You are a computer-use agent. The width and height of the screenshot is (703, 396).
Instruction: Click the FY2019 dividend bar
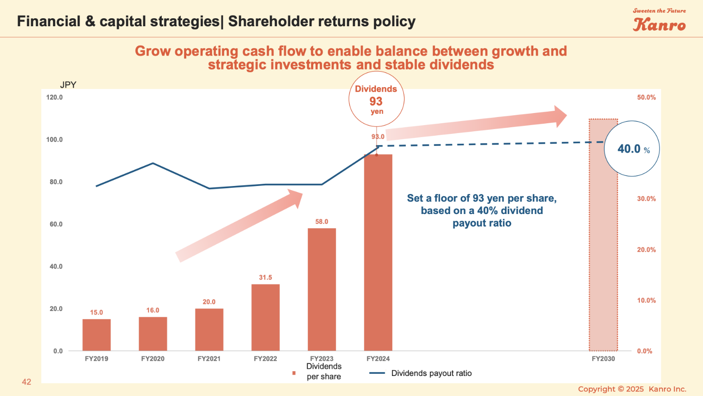tap(96, 335)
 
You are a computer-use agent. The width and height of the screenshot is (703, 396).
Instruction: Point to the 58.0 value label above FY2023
tap(322, 222)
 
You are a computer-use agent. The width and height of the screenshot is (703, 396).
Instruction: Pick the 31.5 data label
tap(265, 277)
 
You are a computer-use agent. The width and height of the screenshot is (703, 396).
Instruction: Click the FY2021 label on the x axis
tap(209, 359)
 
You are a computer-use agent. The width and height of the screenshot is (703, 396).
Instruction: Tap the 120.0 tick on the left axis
tap(54, 97)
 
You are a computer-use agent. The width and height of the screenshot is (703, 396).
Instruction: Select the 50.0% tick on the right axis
tap(646, 97)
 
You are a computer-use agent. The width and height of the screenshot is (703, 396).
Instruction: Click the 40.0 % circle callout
tap(631, 149)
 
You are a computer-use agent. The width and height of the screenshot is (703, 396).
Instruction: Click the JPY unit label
tap(68, 85)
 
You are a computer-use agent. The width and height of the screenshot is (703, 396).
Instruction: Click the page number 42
tap(27, 382)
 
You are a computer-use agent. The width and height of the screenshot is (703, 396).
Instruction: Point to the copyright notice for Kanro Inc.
tap(632, 389)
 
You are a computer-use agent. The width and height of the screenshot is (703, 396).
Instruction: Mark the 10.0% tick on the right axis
tap(646, 300)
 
